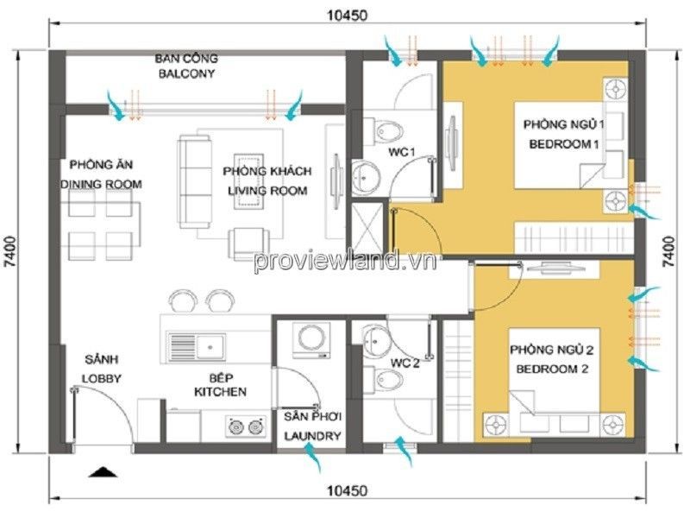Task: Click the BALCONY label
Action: click(186, 73)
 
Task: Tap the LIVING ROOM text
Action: click(267, 191)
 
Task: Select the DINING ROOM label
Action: click(101, 184)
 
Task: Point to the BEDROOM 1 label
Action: click(564, 144)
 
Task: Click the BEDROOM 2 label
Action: click(552, 370)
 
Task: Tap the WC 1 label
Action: click(401, 153)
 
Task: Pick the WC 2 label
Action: click(405, 363)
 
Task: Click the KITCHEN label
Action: click(220, 392)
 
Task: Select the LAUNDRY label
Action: click(312, 436)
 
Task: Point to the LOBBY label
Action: click(101, 379)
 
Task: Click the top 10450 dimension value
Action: click(347, 16)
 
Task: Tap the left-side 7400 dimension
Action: click(9, 251)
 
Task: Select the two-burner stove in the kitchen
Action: click(246, 426)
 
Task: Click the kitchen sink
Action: click(197, 346)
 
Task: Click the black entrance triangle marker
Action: click(103, 471)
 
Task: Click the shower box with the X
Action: click(368, 229)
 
